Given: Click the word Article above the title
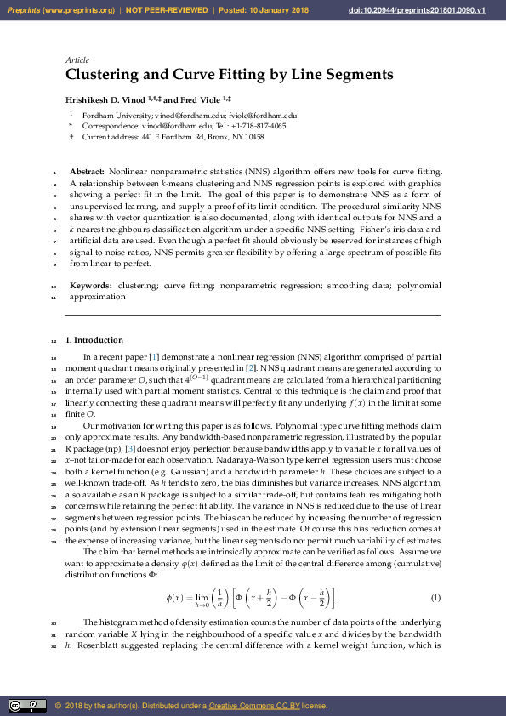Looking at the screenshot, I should [x=77, y=60].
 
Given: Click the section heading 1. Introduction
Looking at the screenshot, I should [x=94, y=340].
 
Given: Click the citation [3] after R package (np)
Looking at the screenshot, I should [x=129, y=448].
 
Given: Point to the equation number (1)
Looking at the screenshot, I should [x=435, y=597].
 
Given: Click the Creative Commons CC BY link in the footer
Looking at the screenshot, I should [x=248, y=706].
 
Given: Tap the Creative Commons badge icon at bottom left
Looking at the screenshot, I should [x=27, y=706].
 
